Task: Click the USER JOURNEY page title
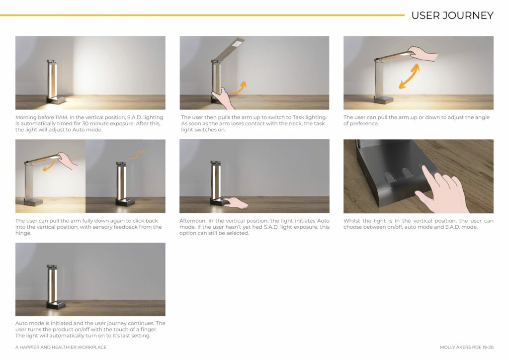(x=452, y=15)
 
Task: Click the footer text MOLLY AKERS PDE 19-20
(x=466, y=347)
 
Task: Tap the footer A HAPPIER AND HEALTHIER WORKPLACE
(x=61, y=347)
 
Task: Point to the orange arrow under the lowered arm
(x=49, y=164)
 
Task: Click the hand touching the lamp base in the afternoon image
(x=236, y=202)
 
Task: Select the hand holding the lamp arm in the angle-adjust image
(x=424, y=53)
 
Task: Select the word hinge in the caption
(x=23, y=233)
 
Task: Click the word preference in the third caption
(x=364, y=123)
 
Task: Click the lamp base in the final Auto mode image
(x=57, y=305)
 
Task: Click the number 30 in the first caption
(x=85, y=123)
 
